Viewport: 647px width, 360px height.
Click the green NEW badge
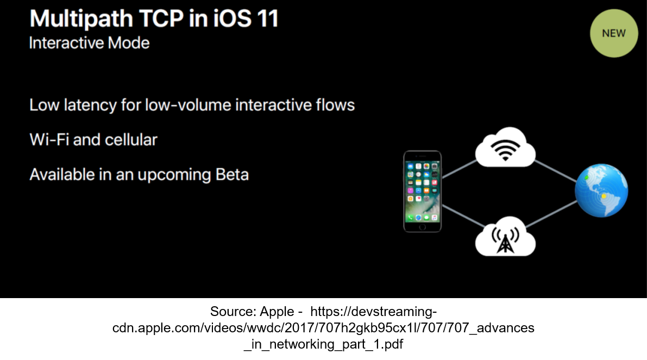pos(614,34)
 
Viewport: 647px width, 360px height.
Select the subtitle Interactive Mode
pos(89,43)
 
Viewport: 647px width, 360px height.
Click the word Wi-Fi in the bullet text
pos(49,140)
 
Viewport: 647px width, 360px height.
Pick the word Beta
pos(233,174)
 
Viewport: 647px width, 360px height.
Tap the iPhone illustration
pos(422,191)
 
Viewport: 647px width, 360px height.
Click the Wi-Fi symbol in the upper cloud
pos(505,150)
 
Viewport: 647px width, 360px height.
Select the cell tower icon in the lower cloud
pos(505,239)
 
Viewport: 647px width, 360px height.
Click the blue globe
pos(601,191)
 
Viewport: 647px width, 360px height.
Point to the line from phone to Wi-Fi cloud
pos(459,169)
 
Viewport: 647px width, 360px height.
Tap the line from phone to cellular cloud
pos(463,215)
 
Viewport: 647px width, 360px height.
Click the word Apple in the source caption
pos(277,312)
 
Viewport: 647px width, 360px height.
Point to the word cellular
pos(131,140)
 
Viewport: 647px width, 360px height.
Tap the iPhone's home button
pos(422,226)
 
